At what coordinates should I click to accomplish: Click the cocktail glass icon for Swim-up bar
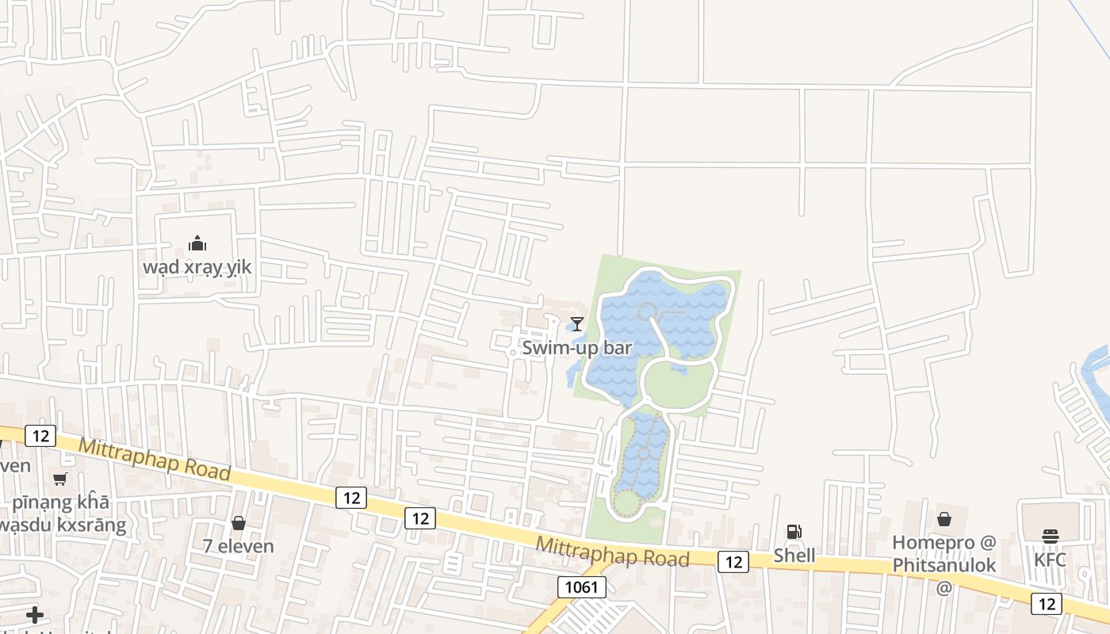(x=577, y=323)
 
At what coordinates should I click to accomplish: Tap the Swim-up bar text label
(x=576, y=348)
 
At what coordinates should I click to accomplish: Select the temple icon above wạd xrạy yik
(x=197, y=243)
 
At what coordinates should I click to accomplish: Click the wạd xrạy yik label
(x=197, y=267)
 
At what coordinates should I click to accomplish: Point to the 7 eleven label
(x=239, y=546)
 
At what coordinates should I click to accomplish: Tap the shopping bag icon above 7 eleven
(x=239, y=523)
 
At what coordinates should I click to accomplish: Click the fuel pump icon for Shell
(x=794, y=532)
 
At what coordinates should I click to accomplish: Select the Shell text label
(x=794, y=556)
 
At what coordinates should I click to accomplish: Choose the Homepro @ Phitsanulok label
(x=943, y=554)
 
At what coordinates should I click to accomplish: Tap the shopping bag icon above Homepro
(x=944, y=520)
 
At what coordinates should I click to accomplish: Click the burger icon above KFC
(x=1051, y=537)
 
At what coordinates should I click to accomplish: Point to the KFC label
(x=1051, y=560)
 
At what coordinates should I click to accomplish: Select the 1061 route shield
(x=582, y=587)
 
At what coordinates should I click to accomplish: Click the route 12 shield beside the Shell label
(x=733, y=562)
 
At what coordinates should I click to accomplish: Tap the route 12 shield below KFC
(x=1047, y=604)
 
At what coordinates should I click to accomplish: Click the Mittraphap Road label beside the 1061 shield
(x=612, y=552)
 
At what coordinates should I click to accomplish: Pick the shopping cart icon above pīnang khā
(x=60, y=479)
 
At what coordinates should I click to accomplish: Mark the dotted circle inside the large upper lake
(x=649, y=311)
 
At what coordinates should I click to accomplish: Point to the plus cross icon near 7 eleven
(x=35, y=615)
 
